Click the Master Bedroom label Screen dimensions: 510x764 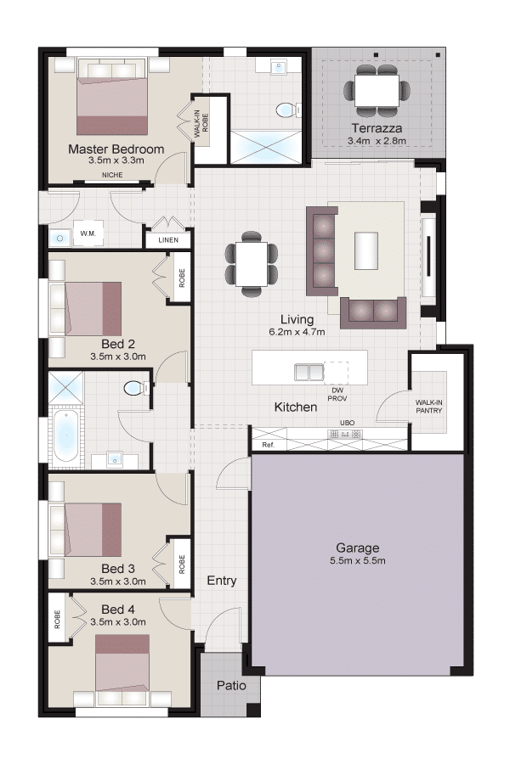point(116,149)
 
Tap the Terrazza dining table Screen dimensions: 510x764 point(377,91)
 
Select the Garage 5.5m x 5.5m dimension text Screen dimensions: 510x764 point(357,561)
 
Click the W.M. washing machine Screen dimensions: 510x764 point(88,234)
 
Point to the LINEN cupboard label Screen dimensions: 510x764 point(168,240)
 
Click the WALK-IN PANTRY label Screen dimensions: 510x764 point(429,407)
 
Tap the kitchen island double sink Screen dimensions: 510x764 point(309,372)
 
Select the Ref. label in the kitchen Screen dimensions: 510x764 point(268,445)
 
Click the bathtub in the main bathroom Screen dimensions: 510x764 point(65,436)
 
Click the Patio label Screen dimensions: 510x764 point(231,686)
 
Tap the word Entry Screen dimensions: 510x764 point(222,581)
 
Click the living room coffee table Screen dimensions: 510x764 point(366,250)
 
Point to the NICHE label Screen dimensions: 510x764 point(112,175)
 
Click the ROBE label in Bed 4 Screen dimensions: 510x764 point(58,620)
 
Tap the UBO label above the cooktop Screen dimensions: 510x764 point(347,423)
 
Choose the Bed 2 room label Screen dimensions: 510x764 point(117,344)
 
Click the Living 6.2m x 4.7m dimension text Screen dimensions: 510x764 point(297,332)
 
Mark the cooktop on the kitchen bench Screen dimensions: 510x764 point(347,434)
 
